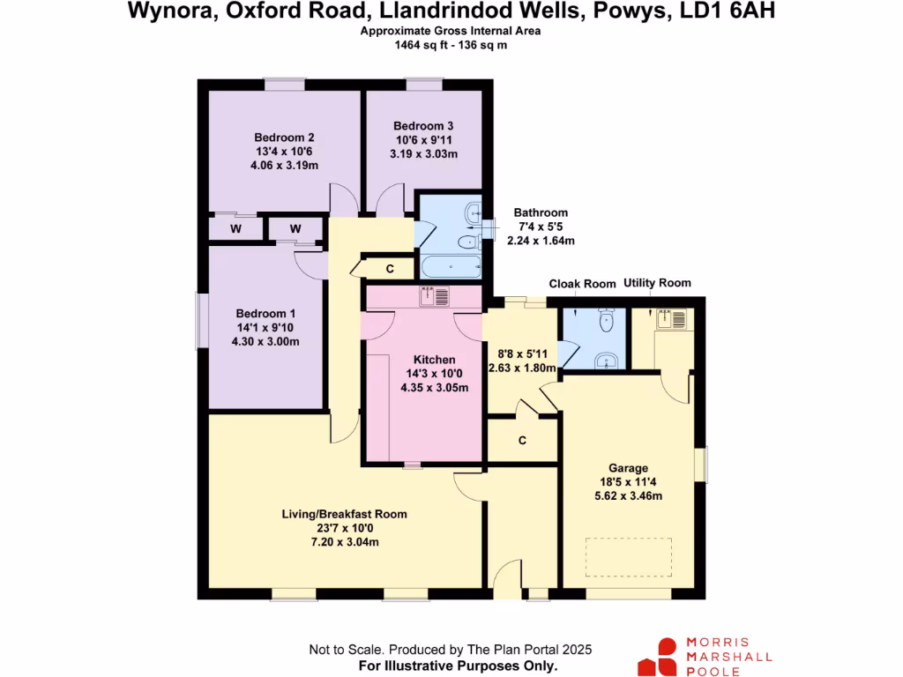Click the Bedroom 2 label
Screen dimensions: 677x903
[x=284, y=138]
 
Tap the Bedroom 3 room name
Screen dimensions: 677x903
[x=423, y=126]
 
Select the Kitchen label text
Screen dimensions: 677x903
[x=435, y=360]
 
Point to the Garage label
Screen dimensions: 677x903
[x=628, y=468]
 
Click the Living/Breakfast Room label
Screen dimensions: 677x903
[x=344, y=514]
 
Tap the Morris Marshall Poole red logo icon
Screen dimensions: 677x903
[x=658, y=656]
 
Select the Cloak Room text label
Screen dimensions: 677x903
[x=582, y=284]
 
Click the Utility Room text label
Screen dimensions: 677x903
[x=657, y=283]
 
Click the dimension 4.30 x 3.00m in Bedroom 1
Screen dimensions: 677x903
[x=265, y=342]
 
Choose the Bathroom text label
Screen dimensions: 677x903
[x=541, y=212]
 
